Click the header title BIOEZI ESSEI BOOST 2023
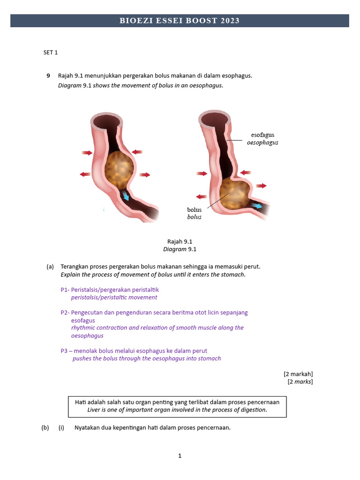point(180,21)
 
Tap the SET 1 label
point(51,52)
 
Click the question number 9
point(48,75)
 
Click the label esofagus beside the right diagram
point(262,135)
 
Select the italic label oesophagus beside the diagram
point(262,142)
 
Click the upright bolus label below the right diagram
point(194,210)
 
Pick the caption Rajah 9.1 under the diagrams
point(180,241)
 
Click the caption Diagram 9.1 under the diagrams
point(180,249)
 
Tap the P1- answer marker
point(65,290)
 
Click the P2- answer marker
point(65,313)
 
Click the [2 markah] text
point(298,374)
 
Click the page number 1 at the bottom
point(180,455)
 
